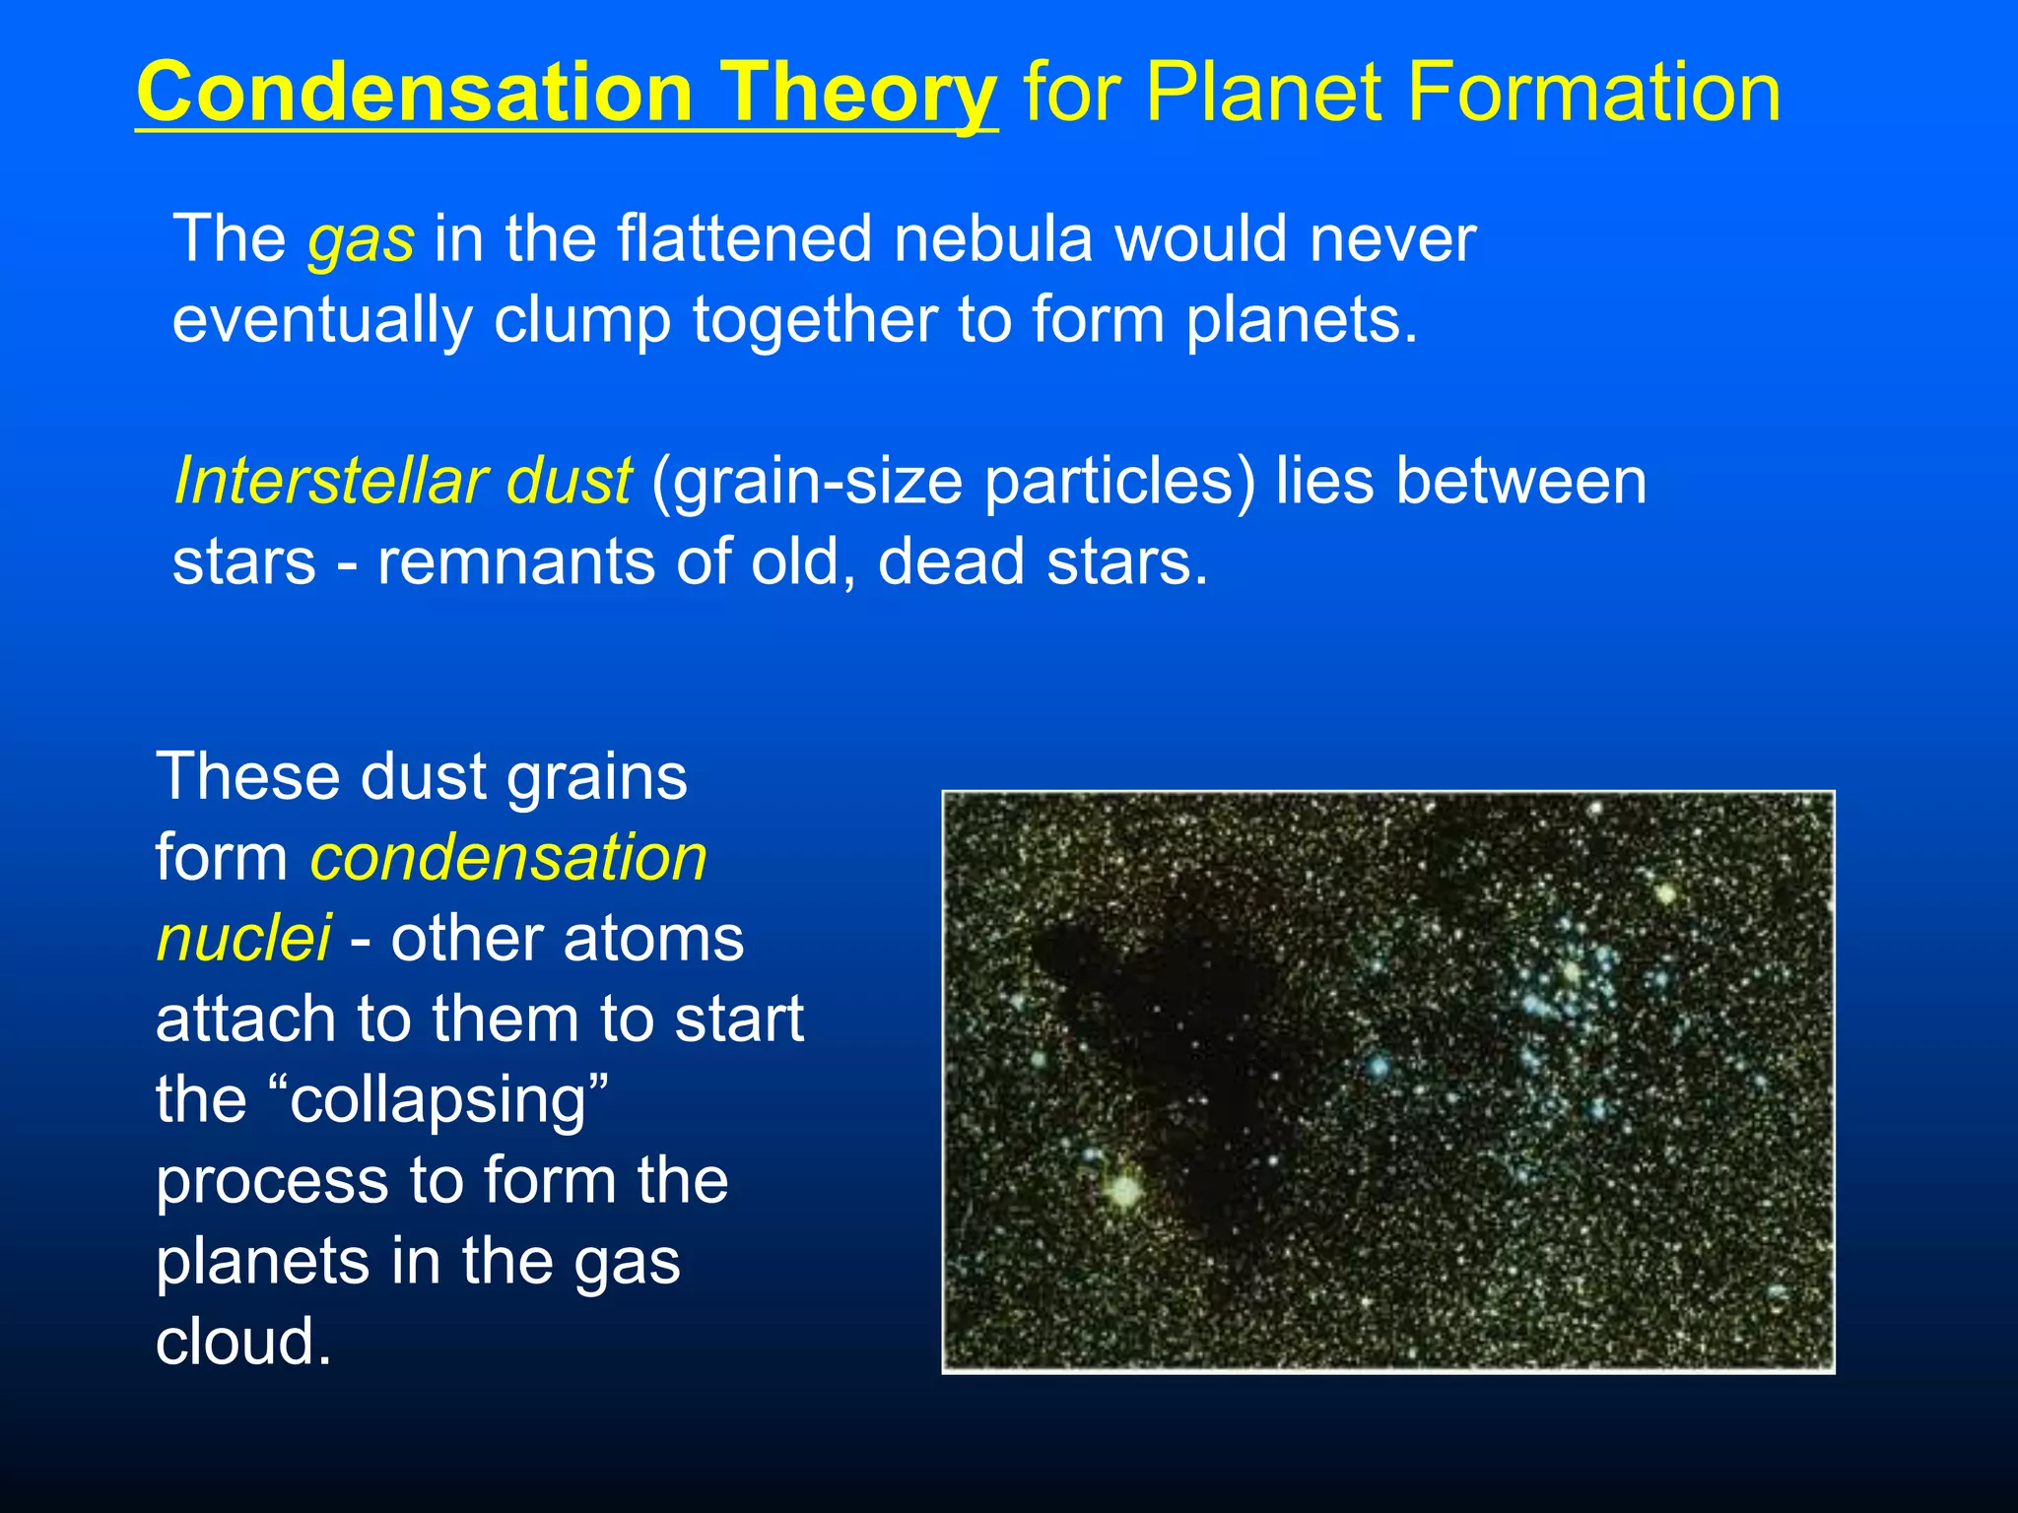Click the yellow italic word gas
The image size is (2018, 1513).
361,241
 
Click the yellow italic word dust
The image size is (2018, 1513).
568,482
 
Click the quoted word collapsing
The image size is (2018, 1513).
449,1101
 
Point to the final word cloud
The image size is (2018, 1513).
242,1342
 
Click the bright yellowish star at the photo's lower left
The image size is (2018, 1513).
1124,1190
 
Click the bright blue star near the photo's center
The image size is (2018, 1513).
1378,1065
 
